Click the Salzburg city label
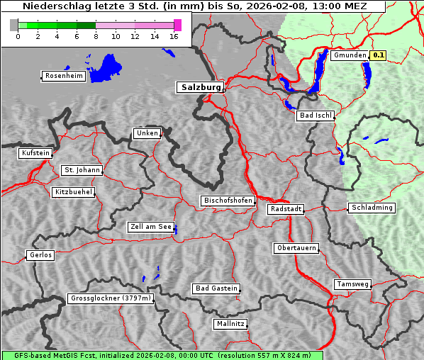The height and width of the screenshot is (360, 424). (200, 87)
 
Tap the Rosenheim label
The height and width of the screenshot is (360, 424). (63, 76)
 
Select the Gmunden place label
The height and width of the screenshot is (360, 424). (350, 55)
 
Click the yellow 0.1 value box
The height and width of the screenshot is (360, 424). (379, 55)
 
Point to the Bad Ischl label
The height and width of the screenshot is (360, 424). (315, 116)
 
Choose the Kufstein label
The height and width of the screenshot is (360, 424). (35, 153)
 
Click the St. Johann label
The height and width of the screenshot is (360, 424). (82, 170)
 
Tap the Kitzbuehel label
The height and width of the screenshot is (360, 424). (74, 192)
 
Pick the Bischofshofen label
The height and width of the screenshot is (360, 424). (228, 201)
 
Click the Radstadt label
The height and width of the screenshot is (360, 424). (286, 209)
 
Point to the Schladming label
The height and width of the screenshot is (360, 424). (372, 208)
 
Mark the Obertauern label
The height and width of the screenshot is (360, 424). (296, 248)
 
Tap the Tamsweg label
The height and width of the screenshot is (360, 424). (352, 284)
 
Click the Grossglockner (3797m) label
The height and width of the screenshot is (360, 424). (111, 299)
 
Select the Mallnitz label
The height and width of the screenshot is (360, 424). (230, 324)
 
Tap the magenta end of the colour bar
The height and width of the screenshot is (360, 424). (177, 25)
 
